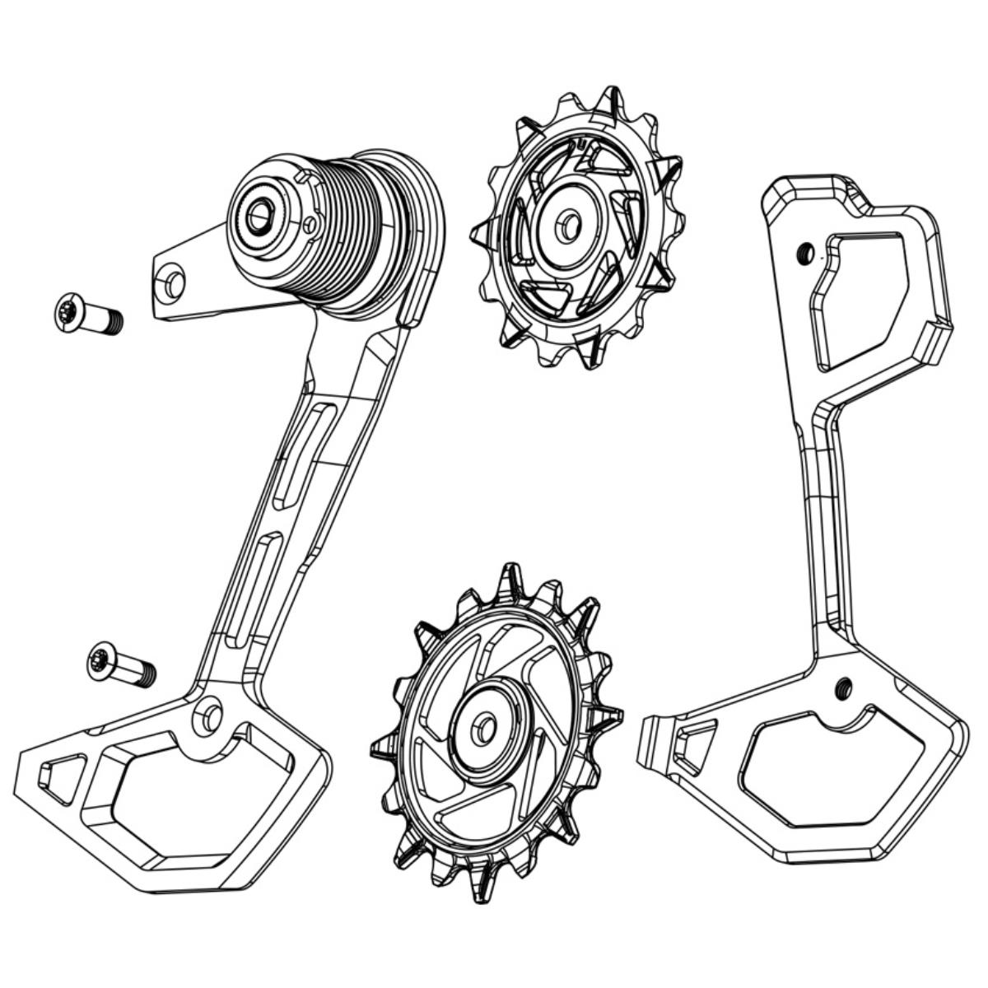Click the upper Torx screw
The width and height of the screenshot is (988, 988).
coord(89,315)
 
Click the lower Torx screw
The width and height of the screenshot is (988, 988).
coord(121,665)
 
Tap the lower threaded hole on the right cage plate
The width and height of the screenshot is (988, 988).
coord(842,685)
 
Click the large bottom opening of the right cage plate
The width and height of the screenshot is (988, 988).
coord(823,766)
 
